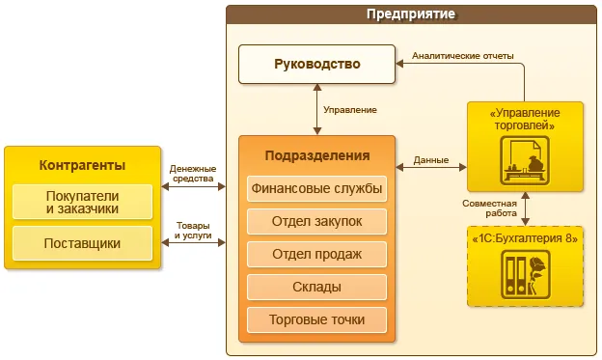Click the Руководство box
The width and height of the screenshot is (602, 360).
point(316,65)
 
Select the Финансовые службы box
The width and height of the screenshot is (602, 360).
point(316,188)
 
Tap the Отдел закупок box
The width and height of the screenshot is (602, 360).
point(316,221)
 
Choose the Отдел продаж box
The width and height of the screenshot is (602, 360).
point(316,255)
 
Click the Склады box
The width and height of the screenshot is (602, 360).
point(316,288)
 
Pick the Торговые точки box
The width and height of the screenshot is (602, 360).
point(316,319)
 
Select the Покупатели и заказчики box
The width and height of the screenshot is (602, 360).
point(83,202)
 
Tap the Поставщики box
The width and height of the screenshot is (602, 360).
point(83,243)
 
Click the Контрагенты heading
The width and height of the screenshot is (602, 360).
point(83,164)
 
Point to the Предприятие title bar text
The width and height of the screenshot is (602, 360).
point(411,14)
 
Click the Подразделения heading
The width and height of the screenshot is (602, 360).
point(316,155)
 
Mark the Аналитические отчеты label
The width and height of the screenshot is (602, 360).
point(463,55)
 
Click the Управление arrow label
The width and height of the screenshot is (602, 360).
point(349,110)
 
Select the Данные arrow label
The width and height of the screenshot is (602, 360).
point(429,159)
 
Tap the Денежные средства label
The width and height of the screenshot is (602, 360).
point(193,174)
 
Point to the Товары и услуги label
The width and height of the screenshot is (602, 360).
point(193,231)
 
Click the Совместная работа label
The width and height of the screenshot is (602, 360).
point(489,208)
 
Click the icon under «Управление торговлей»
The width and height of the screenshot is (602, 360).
point(526,160)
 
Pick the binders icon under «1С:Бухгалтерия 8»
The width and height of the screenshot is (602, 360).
point(526,274)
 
